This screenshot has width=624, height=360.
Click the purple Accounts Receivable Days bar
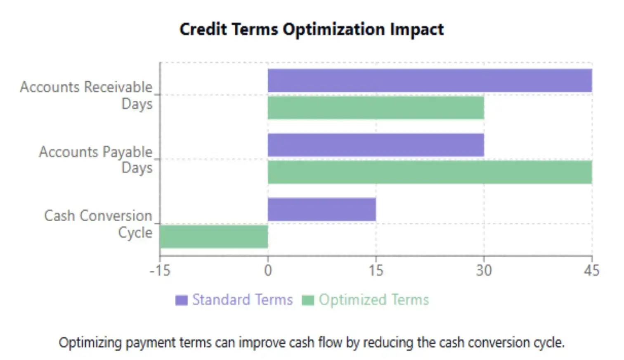pos(430,81)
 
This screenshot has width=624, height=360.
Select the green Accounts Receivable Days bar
pos(376,108)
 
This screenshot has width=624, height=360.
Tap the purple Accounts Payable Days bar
pos(376,145)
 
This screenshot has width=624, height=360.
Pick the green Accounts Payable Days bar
pos(430,172)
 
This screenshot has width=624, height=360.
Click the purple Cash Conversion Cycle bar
pos(321,209)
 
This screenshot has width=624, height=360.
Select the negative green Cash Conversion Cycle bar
pos(214,237)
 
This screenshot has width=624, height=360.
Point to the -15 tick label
pos(160,271)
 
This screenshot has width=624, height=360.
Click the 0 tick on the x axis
pos(268,271)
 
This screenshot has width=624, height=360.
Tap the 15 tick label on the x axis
pos(376,271)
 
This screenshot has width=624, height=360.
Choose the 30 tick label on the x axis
pos(484,271)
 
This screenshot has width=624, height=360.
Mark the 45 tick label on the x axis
pos(591,271)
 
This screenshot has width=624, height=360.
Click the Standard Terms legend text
pos(242,300)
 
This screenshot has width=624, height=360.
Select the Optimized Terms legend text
pos(373,300)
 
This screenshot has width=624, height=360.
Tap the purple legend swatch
pos(181,300)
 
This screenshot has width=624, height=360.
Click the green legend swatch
pos(308,300)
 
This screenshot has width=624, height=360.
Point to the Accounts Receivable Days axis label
pos(87,95)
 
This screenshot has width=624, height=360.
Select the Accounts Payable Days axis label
pos(96,160)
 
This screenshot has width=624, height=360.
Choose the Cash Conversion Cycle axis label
pos(98,224)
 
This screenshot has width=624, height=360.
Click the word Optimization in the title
pos(333,29)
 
